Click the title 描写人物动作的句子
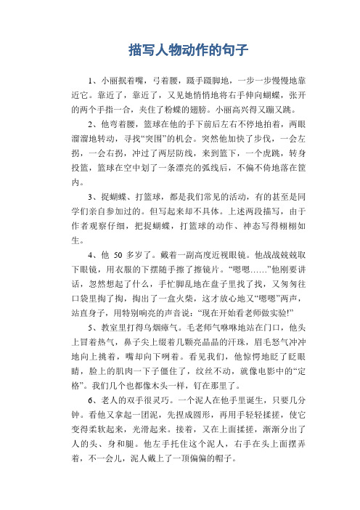tap(180, 51)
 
